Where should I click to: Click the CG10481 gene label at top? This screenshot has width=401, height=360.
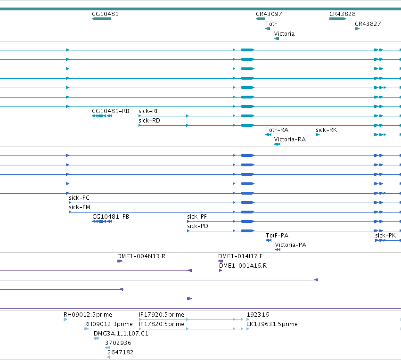(x=105, y=14)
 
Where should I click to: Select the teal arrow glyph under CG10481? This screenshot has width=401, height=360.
(x=101, y=19)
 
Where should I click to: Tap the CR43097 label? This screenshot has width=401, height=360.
(x=269, y=14)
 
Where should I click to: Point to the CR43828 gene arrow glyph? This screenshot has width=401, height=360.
(x=338, y=19)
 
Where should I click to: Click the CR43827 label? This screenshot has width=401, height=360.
(x=368, y=24)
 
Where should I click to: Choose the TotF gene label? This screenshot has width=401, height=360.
(x=271, y=24)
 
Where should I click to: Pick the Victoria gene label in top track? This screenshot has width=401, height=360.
(x=284, y=34)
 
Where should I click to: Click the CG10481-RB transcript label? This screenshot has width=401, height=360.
(x=110, y=111)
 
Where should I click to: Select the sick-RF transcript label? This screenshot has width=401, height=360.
(x=148, y=111)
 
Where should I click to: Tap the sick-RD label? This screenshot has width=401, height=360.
(x=149, y=121)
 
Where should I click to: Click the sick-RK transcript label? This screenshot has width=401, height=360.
(x=327, y=130)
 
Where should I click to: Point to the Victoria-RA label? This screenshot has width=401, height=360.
(x=290, y=139)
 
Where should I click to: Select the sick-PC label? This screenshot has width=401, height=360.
(x=79, y=198)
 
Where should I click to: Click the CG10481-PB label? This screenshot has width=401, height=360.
(x=111, y=217)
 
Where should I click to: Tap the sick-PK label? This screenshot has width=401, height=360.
(x=385, y=236)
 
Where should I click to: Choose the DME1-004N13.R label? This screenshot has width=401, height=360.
(x=141, y=256)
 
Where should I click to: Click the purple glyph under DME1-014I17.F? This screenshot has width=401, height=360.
(x=221, y=261)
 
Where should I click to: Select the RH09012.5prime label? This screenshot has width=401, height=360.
(x=88, y=315)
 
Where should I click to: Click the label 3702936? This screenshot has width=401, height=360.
(x=118, y=343)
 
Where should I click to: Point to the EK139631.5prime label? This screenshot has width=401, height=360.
(x=272, y=324)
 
